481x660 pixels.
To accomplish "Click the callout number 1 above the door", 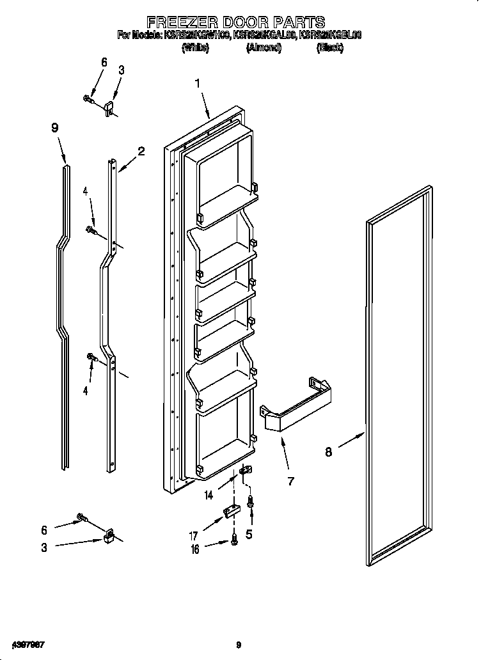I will (x=198, y=83).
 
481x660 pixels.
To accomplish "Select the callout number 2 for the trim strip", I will (x=141, y=152).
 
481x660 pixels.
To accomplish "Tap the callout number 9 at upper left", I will (x=55, y=128).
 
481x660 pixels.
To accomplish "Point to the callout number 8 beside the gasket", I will (x=329, y=452).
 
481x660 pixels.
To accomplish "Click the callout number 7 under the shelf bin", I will (x=291, y=481).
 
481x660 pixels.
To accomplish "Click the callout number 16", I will (x=196, y=549).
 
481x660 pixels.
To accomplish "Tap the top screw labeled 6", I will (x=88, y=98).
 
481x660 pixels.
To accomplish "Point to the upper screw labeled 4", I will (x=91, y=230).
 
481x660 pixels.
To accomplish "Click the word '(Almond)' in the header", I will (x=264, y=48).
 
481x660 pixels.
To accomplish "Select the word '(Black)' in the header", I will (x=329, y=48).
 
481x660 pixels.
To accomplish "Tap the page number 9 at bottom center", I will (x=239, y=644).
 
